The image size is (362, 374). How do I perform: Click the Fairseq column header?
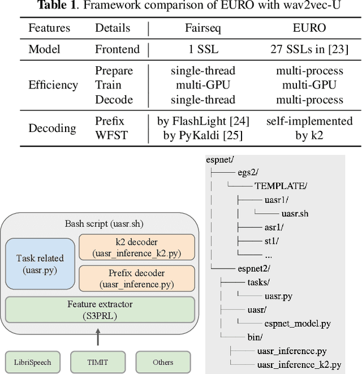tap(203, 28)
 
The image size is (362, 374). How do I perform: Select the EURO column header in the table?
tap(309, 28)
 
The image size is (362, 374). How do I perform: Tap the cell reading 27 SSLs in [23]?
tap(309, 49)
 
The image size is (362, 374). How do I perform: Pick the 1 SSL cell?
tap(203, 49)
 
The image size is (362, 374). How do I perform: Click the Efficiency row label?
tap(53, 85)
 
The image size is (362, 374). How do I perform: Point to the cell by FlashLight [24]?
tap(203, 121)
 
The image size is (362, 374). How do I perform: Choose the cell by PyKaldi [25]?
tap(203, 135)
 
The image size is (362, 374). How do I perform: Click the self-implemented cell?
tap(309, 121)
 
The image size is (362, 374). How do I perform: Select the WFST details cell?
tap(111, 135)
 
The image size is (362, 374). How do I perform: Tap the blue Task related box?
tap(40, 264)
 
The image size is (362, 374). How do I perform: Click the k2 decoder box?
tap(137, 247)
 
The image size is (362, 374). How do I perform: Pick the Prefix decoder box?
tap(137, 278)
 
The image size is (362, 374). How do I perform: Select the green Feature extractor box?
tap(100, 309)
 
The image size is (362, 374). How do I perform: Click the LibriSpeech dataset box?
tap(33, 362)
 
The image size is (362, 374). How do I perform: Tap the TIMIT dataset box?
tap(98, 362)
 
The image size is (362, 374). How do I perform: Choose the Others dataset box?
tap(163, 362)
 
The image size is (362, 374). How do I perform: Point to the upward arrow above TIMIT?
tap(98, 337)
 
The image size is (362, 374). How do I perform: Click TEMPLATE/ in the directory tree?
tap(281, 186)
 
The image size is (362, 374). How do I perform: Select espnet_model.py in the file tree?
tap(298, 324)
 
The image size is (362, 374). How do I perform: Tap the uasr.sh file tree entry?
tap(295, 214)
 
